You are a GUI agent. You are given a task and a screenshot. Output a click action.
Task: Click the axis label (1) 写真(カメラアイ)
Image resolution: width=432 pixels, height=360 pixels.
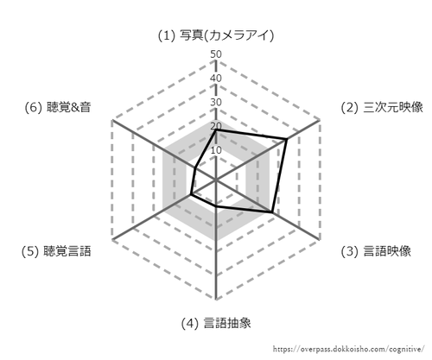coord(216,35)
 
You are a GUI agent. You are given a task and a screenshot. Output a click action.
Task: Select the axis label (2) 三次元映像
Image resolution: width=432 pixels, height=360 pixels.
coord(382,107)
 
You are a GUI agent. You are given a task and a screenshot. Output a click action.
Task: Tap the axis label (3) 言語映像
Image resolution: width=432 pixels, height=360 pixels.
coord(376,251)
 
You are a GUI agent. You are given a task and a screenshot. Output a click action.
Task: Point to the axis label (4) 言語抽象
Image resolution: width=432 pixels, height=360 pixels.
coord(216,323)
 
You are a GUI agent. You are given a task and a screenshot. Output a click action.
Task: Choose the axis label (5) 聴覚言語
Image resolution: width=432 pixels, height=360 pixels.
coord(56,251)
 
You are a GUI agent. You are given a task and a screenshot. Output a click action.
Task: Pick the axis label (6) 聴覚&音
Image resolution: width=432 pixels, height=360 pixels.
coord(58,107)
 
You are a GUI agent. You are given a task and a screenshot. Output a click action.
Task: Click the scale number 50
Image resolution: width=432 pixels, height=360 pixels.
coord(216,54)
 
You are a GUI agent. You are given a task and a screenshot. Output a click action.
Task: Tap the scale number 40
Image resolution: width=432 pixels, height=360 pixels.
coord(216,79)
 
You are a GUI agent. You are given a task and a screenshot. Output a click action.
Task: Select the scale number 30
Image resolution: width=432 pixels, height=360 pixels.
coord(216,102)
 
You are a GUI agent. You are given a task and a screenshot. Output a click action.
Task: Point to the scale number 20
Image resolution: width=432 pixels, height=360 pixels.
coord(216,126)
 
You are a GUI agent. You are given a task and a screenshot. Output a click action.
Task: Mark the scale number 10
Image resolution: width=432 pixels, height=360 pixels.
coord(216,150)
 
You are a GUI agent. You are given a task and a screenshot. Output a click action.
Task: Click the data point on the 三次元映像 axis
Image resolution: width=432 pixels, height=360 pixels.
coord(286,139)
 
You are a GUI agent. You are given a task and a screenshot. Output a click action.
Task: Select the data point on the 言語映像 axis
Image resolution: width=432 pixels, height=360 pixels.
coord(271,212)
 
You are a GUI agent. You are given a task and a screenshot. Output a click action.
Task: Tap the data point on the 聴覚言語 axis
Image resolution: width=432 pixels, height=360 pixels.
coord(191,195)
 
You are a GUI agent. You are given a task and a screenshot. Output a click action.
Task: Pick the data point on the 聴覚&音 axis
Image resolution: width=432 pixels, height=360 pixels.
coord(195,168)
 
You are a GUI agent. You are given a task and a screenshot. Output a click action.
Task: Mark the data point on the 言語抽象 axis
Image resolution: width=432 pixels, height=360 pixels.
coord(216,206)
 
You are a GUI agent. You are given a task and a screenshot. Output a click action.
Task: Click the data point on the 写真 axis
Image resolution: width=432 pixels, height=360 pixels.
coord(216,130)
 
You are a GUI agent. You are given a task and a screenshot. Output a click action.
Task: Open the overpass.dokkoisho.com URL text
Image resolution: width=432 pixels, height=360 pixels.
coord(349,350)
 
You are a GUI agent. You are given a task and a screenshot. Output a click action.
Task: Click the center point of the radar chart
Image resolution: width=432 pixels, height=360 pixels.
coord(216,180)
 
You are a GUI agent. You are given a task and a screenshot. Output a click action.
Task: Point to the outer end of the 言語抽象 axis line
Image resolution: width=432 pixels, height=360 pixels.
coord(216,300)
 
